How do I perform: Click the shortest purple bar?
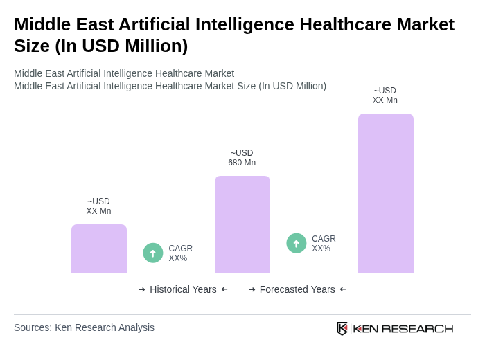(99, 249)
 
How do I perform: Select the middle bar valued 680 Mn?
(242, 224)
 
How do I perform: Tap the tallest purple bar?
(385, 193)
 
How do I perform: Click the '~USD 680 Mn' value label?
(242, 158)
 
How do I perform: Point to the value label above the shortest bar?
(98, 206)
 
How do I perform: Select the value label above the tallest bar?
(385, 96)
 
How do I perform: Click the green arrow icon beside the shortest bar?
(153, 253)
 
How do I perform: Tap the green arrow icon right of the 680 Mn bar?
(297, 244)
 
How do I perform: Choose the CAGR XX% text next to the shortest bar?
(180, 253)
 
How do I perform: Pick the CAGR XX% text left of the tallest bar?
(324, 244)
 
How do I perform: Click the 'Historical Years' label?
(183, 289)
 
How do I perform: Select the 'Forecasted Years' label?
(297, 289)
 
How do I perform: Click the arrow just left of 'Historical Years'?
(142, 289)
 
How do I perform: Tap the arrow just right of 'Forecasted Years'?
(343, 289)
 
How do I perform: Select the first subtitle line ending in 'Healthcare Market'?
(124, 73)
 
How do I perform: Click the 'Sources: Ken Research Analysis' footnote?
(84, 327)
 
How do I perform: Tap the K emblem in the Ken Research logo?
(342, 328)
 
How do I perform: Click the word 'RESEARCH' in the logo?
(417, 328)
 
